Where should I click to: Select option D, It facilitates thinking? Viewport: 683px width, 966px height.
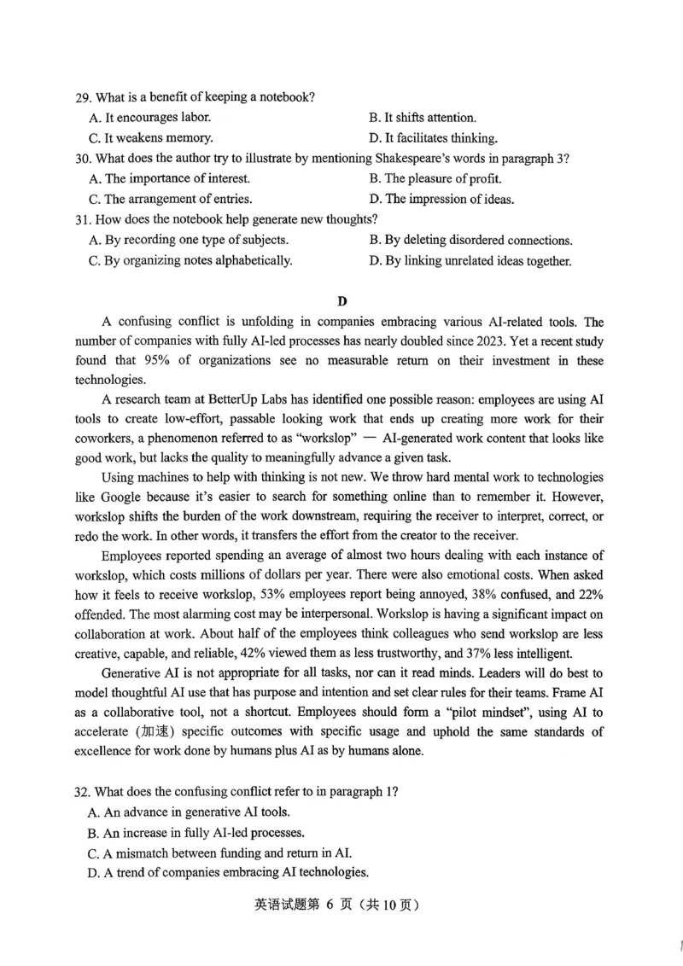433,138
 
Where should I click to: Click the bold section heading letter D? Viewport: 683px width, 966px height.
342,300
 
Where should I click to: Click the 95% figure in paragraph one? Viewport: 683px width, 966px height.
197,362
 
